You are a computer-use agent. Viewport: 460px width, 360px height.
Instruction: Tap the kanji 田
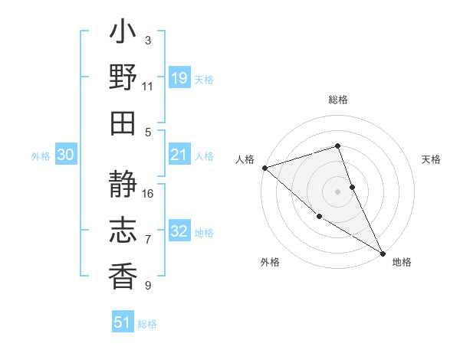click(x=123, y=123)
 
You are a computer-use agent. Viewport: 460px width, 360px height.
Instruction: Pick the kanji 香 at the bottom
click(x=123, y=273)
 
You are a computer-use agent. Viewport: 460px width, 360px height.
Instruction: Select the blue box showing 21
click(x=179, y=155)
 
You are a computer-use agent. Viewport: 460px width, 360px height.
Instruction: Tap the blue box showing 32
click(x=179, y=231)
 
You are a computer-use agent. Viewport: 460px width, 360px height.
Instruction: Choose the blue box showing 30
click(x=65, y=155)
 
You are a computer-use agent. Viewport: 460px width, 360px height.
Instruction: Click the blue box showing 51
click(x=123, y=322)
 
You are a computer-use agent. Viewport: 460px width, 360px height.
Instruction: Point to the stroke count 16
click(x=149, y=193)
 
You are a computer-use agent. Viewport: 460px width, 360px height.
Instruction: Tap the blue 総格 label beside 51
click(x=147, y=324)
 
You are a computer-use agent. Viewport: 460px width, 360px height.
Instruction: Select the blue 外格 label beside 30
click(x=41, y=156)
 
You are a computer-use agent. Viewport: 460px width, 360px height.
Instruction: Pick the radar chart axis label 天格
click(x=431, y=159)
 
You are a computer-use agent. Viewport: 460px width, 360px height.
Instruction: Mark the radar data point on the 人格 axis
click(x=264, y=168)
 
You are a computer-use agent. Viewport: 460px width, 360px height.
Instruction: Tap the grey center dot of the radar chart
click(x=337, y=191)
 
